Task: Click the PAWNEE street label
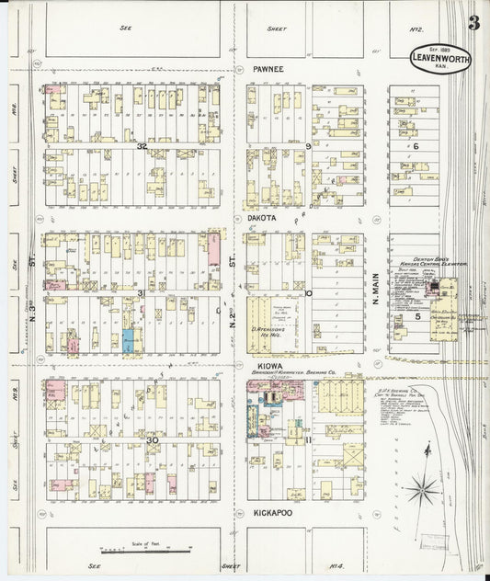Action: click(x=267, y=69)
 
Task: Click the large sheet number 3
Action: click(x=473, y=24)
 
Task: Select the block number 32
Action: click(x=142, y=146)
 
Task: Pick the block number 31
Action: click(x=142, y=293)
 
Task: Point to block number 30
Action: click(x=153, y=439)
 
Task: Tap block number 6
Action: click(x=416, y=146)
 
